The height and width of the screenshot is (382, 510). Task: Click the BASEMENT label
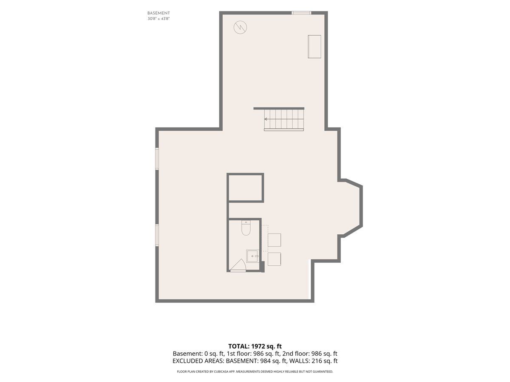click(x=159, y=13)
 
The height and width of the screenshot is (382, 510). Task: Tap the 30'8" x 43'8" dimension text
click(x=159, y=19)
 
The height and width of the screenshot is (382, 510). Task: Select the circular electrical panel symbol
click(x=240, y=27)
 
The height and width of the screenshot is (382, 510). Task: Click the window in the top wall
click(x=301, y=13)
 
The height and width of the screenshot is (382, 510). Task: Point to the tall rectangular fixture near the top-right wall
click(x=314, y=46)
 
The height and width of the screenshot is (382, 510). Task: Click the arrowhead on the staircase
click(x=266, y=119)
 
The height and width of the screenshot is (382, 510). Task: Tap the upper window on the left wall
click(x=157, y=158)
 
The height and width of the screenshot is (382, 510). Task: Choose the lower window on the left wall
click(x=157, y=235)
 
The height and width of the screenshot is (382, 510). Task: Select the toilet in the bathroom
click(x=246, y=228)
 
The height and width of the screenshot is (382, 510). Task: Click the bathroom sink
click(x=252, y=256)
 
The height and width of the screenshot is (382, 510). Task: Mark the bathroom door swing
click(x=238, y=265)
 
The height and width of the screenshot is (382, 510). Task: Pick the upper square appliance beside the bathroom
click(x=274, y=240)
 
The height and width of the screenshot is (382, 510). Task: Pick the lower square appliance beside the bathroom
click(x=274, y=259)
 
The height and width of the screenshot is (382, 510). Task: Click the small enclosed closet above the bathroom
click(x=245, y=188)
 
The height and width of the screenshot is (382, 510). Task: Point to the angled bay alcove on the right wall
click(x=350, y=208)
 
